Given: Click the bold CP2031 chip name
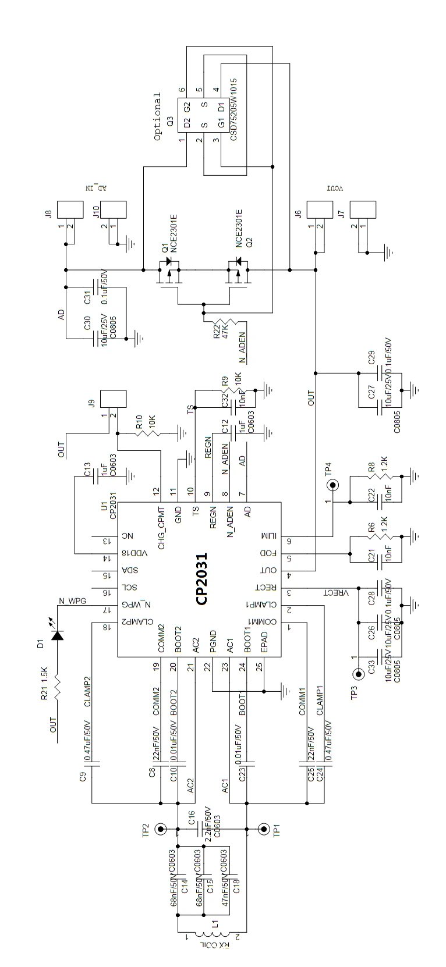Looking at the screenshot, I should point(202,579).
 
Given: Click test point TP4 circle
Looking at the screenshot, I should point(333,485).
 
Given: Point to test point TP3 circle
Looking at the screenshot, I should point(357,674).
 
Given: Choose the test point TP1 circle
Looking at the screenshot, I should point(264,829).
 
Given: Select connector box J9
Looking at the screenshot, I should point(114,400).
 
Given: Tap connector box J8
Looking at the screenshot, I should point(73,210).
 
